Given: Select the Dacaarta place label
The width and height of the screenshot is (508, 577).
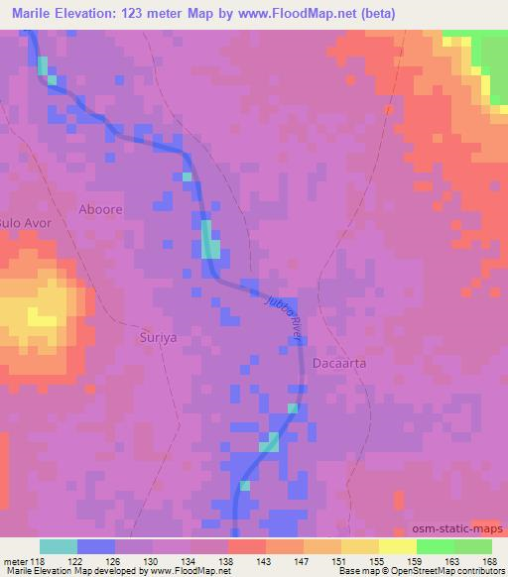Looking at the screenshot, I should click(339, 363).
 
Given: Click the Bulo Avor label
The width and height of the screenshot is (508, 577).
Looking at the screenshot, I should click(24, 223).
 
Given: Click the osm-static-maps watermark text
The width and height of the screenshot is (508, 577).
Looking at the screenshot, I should click(458, 530).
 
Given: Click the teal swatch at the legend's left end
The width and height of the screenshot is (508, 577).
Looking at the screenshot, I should click(59, 546).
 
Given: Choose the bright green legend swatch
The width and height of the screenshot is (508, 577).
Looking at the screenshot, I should click(435, 546).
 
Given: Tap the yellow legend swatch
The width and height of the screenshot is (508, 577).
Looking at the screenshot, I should click(397, 546).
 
